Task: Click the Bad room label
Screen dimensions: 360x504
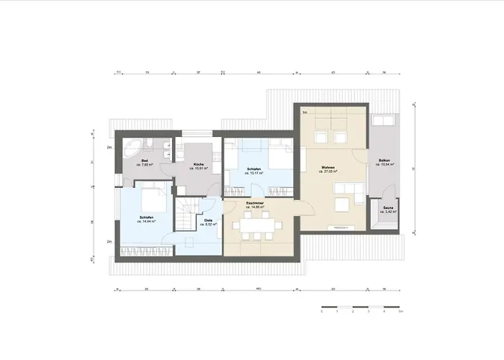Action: point(144,161)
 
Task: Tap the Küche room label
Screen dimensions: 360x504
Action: point(197,164)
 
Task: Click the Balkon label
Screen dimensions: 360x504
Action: point(382,161)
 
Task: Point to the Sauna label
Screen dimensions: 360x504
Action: point(382,207)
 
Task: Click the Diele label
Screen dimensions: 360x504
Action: point(207,221)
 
